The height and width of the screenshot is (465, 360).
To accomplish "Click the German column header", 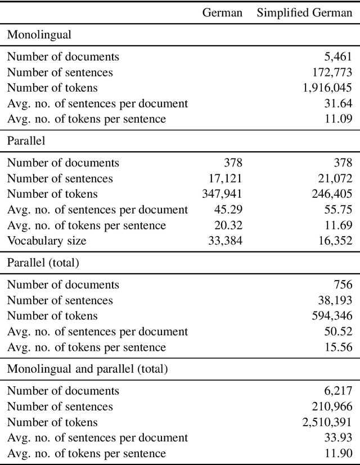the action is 222,13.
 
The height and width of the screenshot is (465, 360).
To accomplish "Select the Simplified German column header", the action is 304,13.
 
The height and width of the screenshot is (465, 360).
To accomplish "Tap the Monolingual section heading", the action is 39,34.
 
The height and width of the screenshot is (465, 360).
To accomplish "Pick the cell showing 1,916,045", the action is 327,88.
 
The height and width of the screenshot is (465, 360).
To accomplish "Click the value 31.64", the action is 339,103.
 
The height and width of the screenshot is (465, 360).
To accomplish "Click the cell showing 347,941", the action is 222,194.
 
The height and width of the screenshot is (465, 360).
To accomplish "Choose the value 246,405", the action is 331,194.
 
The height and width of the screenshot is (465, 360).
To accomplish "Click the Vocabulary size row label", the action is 47,241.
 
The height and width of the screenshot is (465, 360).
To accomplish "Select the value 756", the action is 343,285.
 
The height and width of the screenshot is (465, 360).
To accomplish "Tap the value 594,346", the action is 331,316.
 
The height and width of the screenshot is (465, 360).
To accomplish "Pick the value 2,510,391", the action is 327,422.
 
